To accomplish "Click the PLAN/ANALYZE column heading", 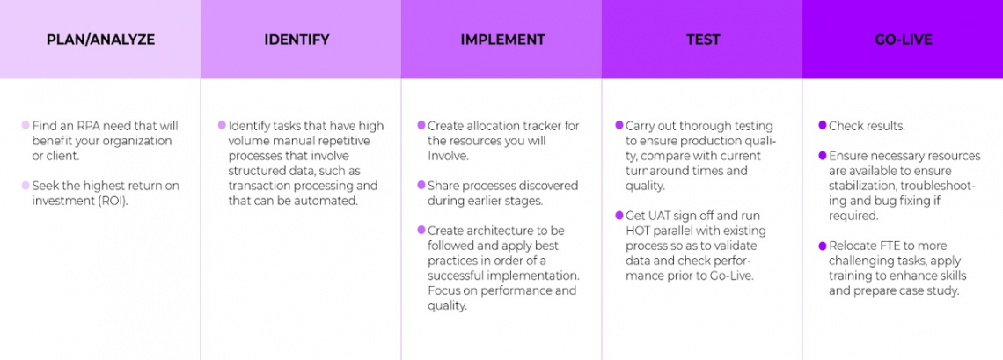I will (99, 40).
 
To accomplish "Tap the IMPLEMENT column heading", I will (502, 40).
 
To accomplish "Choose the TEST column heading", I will (702, 40).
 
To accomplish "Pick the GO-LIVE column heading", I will (902, 40).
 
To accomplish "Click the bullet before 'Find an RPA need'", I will (26, 126).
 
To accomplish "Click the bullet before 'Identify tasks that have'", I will (222, 126).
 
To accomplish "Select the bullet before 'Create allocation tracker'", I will (422, 126).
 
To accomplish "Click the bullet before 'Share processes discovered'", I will (422, 186).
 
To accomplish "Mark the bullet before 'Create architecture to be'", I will (422, 231).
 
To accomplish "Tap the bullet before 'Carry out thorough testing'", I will (620, 126).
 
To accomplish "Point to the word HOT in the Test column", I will (640, 231).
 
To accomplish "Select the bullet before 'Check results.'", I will (822, 126).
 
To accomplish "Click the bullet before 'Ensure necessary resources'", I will (822, 156).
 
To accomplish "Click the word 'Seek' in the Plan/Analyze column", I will (48, 186).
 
